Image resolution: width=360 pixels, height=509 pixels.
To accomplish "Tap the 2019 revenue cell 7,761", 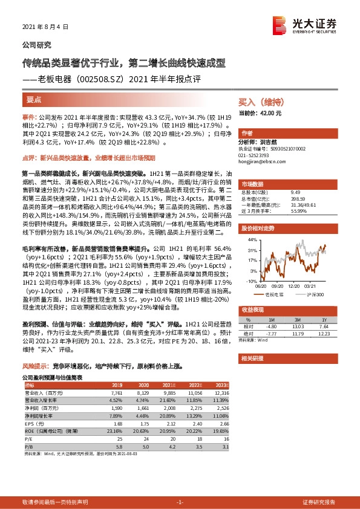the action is pos(117,392).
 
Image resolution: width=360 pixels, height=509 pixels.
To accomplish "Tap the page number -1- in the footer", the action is pos(179,502).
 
